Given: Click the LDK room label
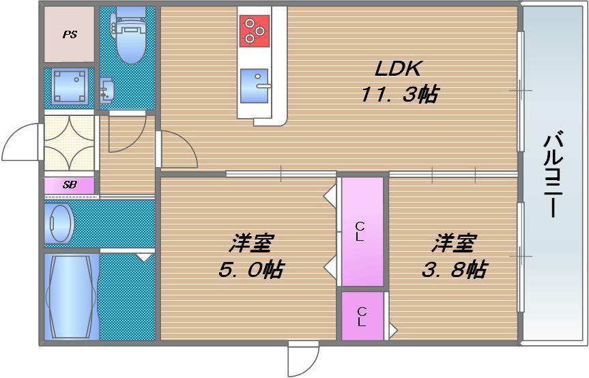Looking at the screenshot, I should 399,68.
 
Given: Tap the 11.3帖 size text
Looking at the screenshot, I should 399,94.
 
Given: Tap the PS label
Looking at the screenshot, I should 70,35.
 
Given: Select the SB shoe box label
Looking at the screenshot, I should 69,185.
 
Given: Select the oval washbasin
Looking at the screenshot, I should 59,222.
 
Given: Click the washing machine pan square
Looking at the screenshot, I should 69,86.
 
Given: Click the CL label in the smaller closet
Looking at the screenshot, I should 362,316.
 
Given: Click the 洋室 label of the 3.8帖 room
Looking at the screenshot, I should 452,243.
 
